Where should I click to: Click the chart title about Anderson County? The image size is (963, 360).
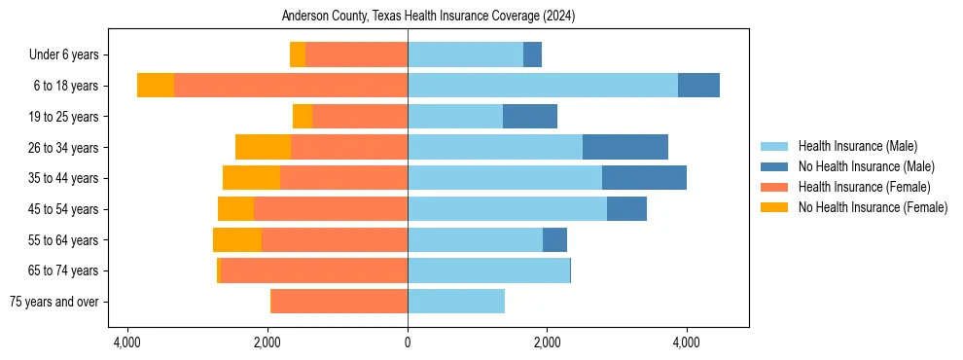tap(429, 17)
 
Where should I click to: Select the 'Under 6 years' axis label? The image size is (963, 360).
tap(70, 55)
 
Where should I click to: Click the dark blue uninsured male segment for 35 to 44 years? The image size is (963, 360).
tap(644, 178)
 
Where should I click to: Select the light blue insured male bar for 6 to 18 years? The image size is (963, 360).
tap(542, 86)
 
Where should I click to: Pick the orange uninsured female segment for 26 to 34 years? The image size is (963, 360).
tap(263, 147)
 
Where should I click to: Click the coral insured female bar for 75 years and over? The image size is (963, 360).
tap(339, 302)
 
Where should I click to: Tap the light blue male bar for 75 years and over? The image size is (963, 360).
tap(456, 302)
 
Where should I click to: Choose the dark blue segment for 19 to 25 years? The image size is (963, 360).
tap(530, 117)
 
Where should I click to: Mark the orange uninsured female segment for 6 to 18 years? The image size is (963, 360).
tap(156, 86)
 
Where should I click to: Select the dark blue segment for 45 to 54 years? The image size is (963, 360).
tap(626, 209)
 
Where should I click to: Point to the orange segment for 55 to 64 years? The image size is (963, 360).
tap(237, 239)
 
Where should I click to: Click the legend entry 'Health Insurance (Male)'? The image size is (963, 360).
tap(857, 146)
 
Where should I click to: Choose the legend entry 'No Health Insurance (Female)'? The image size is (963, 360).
tap(873, 207)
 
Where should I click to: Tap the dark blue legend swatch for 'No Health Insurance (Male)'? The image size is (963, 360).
tap(774, 166)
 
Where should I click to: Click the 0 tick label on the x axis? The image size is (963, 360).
tap(408, 342)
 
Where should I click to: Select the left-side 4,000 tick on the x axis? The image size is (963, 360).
tap(127, 342)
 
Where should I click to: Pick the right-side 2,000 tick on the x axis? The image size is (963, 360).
tap(547, 342)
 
